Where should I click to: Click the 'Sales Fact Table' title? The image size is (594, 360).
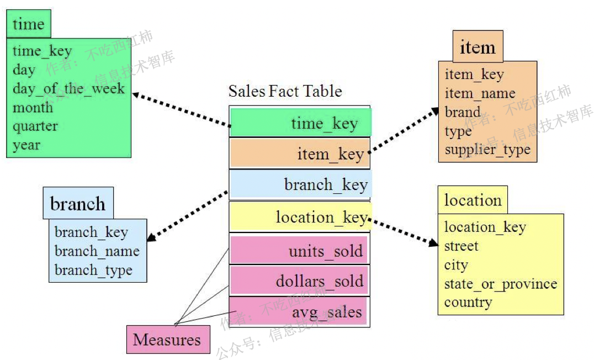[285, 91]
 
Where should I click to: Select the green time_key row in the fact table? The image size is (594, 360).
[301, 123]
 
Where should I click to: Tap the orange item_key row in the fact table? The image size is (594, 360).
[300, 154]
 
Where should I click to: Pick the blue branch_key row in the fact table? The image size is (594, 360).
[301, 184]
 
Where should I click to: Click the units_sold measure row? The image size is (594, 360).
[300, 251]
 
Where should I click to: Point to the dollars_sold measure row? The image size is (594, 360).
[300, 281]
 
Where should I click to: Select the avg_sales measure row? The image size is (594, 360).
[300, 312]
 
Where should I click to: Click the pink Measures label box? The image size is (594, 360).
[168, 340]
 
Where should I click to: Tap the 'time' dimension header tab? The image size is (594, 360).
[28, 24]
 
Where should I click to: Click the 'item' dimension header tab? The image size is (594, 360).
[478, 47]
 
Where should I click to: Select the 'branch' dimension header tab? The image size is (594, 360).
[78, 204]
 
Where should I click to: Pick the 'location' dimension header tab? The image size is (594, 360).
[473, 200]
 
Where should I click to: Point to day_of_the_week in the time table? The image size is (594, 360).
[68, 89]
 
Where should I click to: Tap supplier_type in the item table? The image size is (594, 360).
[487, 150]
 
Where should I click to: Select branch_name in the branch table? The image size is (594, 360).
[97, 252]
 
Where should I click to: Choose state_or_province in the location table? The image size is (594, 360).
[500, 284]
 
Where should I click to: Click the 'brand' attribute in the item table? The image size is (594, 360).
[463, 112]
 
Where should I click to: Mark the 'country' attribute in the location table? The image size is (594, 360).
[468, 303]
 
